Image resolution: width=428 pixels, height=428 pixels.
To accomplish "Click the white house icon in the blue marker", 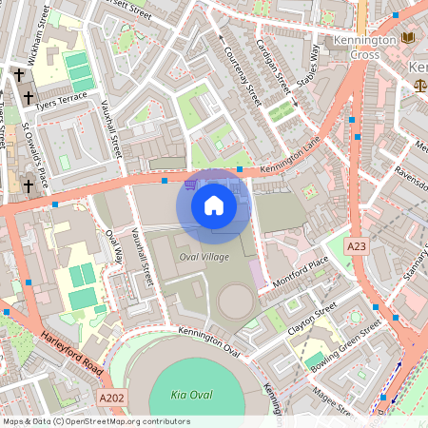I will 213,205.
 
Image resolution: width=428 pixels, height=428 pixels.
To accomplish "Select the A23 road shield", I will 357,246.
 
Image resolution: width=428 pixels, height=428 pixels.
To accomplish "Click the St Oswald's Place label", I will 33,153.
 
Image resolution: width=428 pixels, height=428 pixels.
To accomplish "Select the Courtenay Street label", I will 240,67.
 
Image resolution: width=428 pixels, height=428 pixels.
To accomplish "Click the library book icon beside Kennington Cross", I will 409,38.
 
